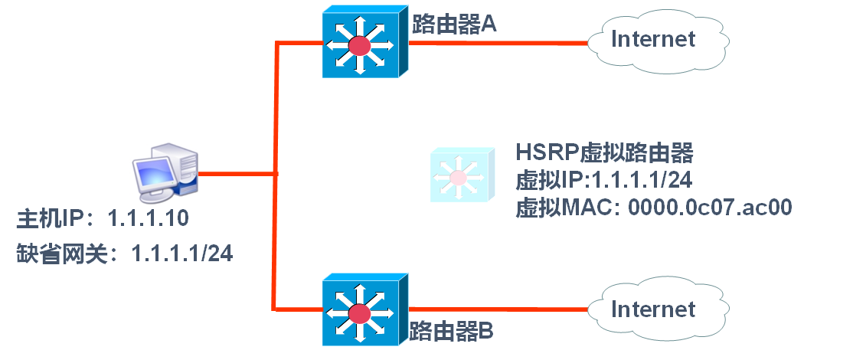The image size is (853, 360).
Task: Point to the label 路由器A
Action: coord(454,25)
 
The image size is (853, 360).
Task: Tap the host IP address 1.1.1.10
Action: coord(149,220)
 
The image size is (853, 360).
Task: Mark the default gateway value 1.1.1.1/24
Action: coord(182,252)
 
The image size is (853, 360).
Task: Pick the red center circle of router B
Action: coord(358,314)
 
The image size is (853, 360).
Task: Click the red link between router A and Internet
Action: coord(498,42)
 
